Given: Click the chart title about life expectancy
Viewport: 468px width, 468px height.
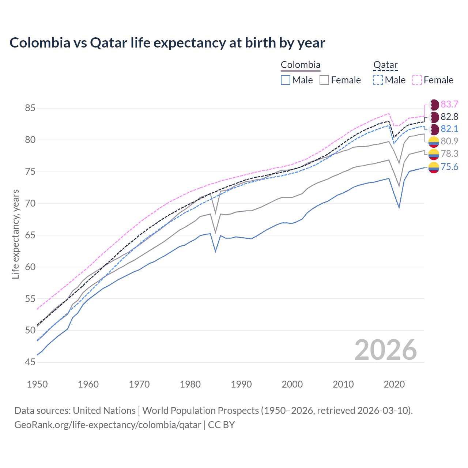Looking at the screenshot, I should pyautogui.click(x=167, y=43).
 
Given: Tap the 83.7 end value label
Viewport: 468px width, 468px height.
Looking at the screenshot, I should pyautogui.click(x=449, y=105).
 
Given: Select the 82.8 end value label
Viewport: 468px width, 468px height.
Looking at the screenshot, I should pyautogui.click(x=449, y=117).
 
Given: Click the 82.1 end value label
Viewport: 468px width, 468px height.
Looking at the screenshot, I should pyautogui.click(x=449, y=129).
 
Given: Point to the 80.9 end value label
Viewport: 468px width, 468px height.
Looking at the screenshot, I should pyautogui.click(x=449, y=141).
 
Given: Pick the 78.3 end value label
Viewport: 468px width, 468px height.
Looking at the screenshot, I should pyautogui.click(x=449, y=154).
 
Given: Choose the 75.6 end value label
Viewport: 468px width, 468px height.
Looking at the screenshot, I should pyautogui.click(x=449, y=167).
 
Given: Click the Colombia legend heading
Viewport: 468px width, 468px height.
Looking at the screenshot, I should pyautogui.click(x=301, y=65).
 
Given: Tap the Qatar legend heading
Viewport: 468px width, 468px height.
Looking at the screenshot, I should pyautogui.click(x=385, y=65).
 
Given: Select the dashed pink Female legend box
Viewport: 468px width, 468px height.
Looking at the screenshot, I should pyautogui.click(x=417, y=80).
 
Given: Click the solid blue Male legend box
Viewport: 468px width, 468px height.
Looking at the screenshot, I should pyautogui.click(x=286, y=80).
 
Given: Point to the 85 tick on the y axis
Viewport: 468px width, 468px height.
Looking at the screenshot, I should pyautogui.click(x=30, y=108).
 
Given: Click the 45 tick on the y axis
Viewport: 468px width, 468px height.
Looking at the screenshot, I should pyautogui.click(x=30, y=362).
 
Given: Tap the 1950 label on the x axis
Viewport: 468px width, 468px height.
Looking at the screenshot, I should pyautogui.click(x=37, y=384).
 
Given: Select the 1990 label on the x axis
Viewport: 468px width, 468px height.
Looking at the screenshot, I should pyautogui.click(x=241, y=384).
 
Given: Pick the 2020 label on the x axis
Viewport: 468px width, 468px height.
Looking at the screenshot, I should pyautogui.click(x=394, y=384).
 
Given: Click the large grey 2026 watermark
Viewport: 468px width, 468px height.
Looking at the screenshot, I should pyautogui.click(x=385, y=350).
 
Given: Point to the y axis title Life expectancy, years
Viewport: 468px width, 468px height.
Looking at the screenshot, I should pyautogui.click(x=15, y=234).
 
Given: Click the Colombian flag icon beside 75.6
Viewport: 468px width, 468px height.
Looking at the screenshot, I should pyautogui.click(x=434, y=167).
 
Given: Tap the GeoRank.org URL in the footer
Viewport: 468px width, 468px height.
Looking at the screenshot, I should pyautogui.click(x=107, y=425).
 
